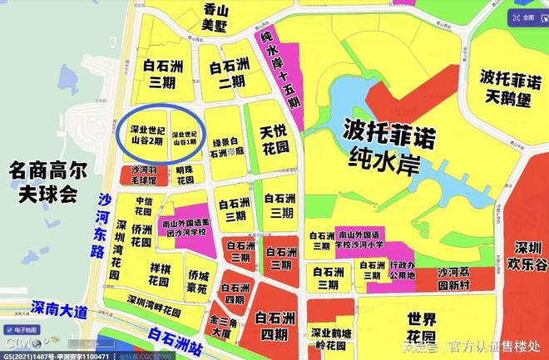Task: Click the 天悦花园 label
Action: [274, 139]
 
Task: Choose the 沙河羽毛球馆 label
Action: [137, 175]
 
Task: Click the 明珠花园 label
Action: [185, 175]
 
